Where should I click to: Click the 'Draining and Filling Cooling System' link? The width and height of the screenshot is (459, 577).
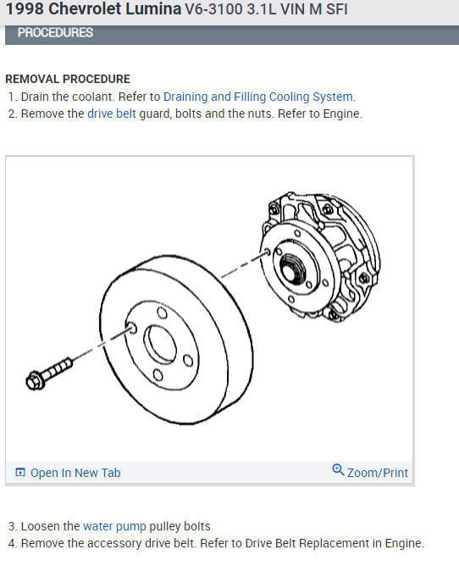(x=257, y=97)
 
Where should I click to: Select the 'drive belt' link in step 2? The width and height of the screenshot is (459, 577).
(x=112, y=114)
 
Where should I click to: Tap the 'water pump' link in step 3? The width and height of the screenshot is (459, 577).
(x=115, y=526)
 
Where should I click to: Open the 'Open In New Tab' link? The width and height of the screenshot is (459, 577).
(x=75, y=473)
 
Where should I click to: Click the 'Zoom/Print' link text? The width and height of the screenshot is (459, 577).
(x=378, y=473)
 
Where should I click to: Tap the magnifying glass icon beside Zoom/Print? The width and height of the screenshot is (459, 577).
(x=338, y=470)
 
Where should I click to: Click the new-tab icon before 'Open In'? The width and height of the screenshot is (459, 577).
(x=20, y=472)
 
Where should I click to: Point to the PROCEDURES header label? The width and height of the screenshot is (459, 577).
(x=55, y=33)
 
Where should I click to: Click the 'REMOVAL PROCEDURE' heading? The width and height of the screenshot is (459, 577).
(x=68, y=79)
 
